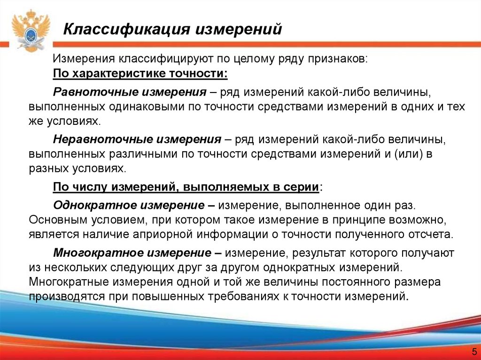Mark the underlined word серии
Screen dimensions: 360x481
pos(302,187)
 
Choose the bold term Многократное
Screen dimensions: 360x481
pos(92,253)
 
